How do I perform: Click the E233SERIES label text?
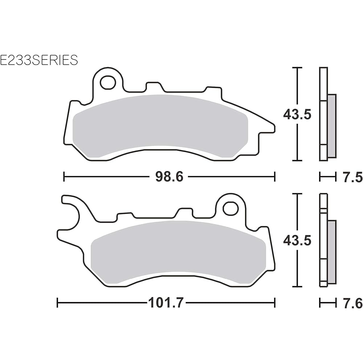click(x=39, y=60)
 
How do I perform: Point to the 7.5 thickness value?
click(x=352, y=177)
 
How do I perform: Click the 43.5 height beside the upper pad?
click(x=297, y=115)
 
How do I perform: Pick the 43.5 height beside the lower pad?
click(x=297, y=240)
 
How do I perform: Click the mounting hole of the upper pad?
click(x=107, y=82)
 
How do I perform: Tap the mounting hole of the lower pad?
click(x=229, y=208)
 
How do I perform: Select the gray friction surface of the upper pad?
click(x=160, y=125)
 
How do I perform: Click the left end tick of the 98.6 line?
click(x=64, y=177)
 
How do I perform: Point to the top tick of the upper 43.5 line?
click(x=298, y=68)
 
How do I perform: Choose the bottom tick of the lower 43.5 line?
click(x=298, y=286)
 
